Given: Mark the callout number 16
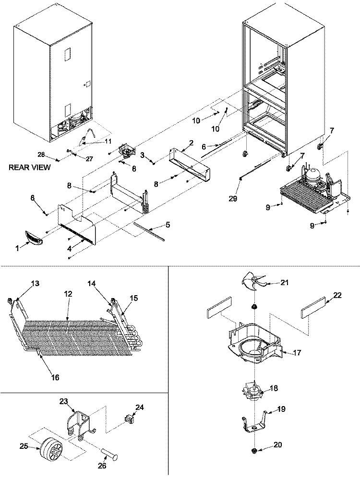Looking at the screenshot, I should coord(55,378).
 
